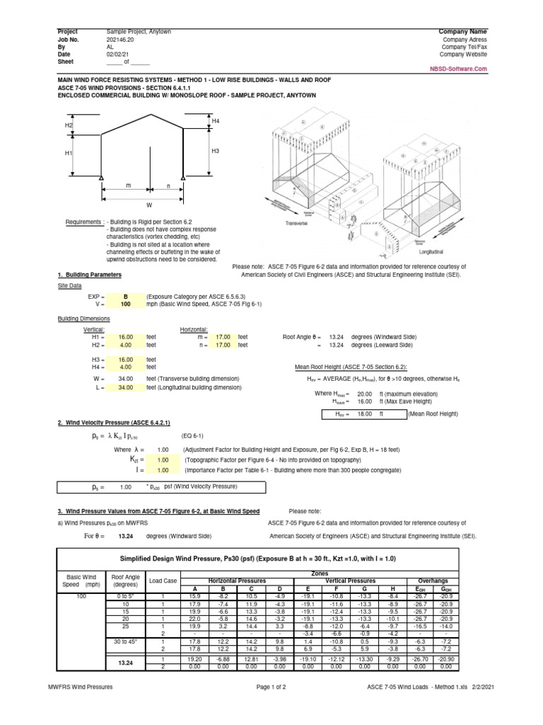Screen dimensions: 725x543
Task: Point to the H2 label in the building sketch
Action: pos(69,125)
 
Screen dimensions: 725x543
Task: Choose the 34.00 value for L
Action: pos(125,387)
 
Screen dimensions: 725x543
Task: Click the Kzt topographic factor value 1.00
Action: pos(162,459)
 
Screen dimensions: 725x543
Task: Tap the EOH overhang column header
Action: pos(420,587)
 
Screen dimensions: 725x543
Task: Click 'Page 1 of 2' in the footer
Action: pos(271,706)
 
